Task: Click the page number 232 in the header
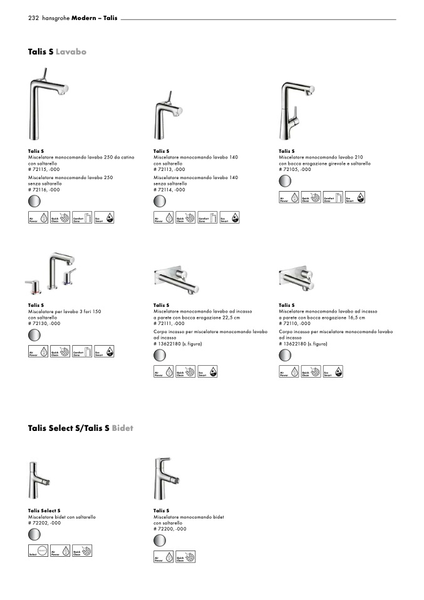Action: tap(34, 19)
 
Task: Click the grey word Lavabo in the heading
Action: tap(71, 51)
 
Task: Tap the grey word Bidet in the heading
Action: tap(123, 428)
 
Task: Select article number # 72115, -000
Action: tap(44, 170)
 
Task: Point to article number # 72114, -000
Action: tap(169, 189)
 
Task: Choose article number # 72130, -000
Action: tap(44, 323)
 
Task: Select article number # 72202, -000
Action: tap(44, 522)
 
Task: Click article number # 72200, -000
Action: tap(169, 529)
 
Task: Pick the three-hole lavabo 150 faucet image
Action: tap(53, 273)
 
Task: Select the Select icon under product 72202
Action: tap(38, 551)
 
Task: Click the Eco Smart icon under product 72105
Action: tap(355, 198)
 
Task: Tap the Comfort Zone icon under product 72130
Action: tap(81, 352)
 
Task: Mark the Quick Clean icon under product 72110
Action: tap(311, 373)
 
